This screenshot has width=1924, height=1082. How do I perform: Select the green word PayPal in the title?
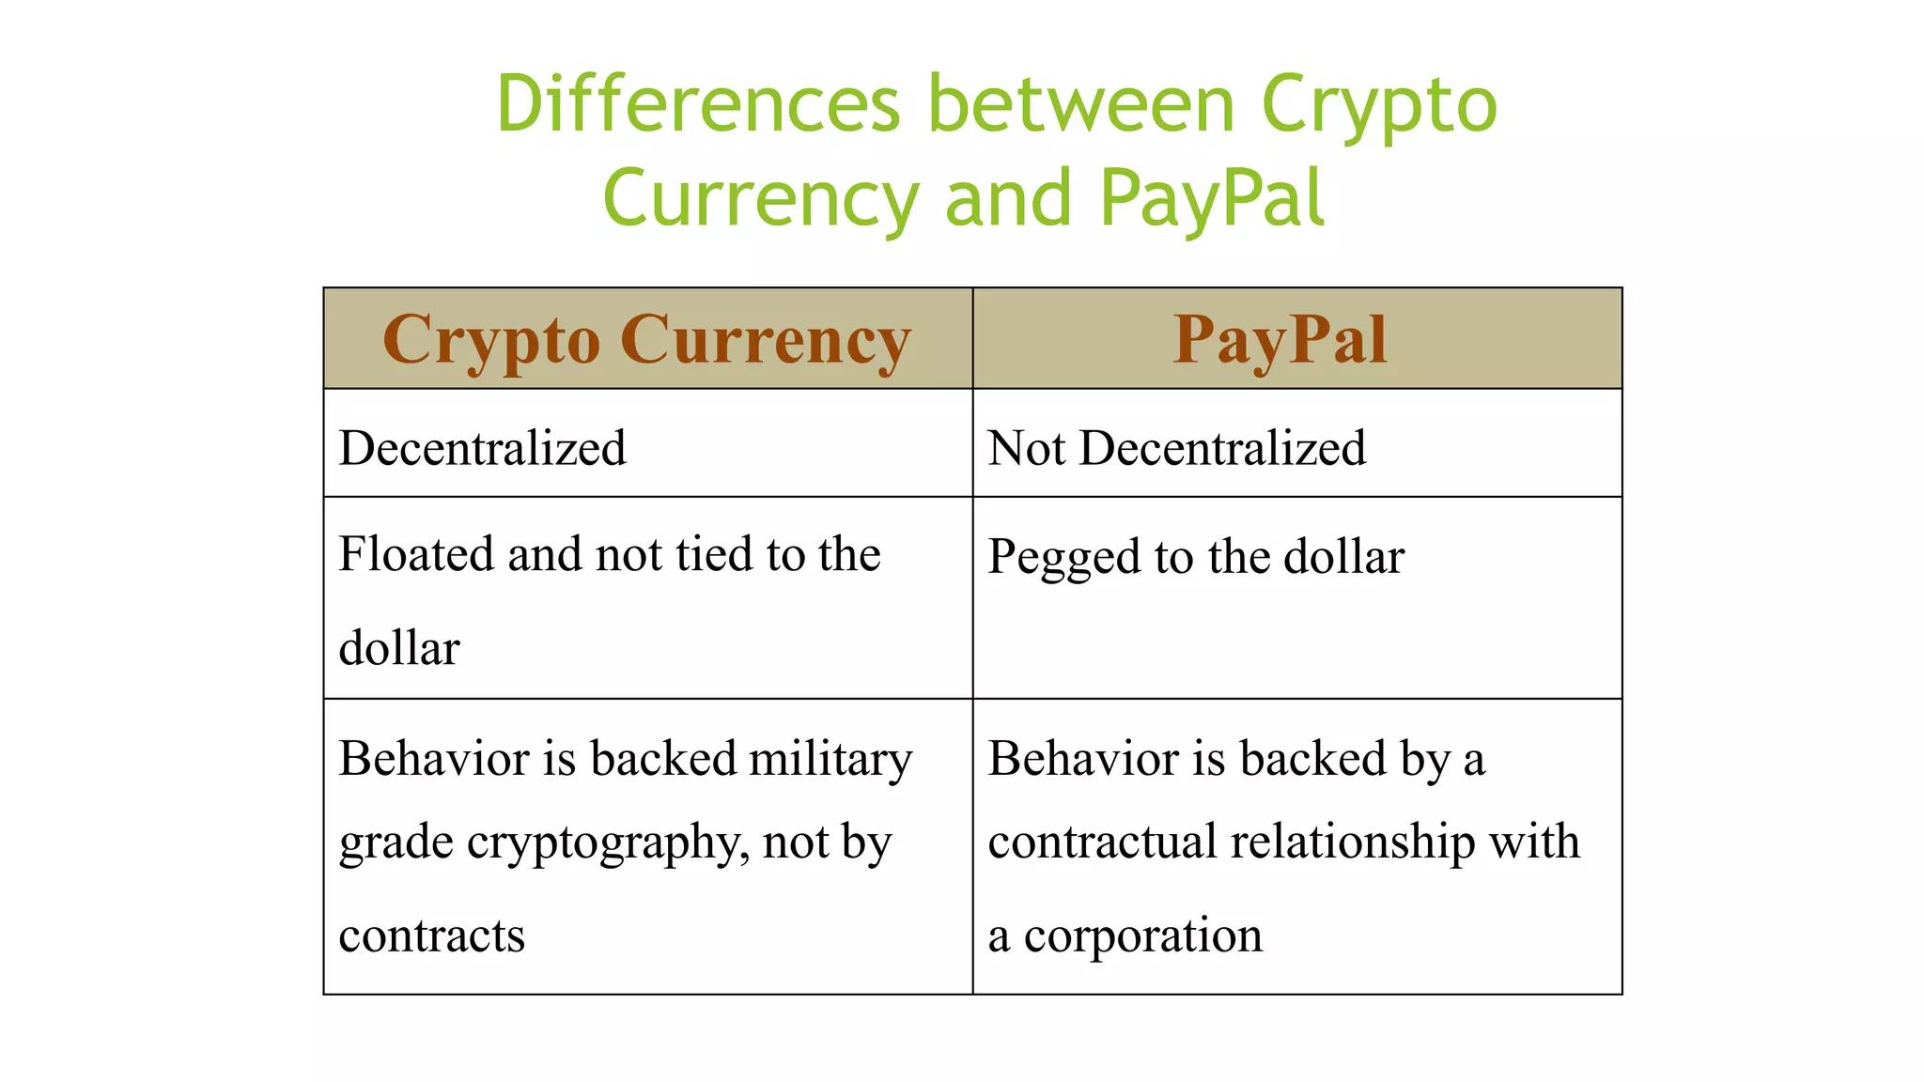click(x=1212, y=198)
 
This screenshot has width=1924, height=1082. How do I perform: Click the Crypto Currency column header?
click(x=647, y=340)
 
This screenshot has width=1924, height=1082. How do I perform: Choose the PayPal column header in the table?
click(x=1280, y=340)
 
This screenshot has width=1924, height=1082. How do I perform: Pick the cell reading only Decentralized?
click(x=483, y=448)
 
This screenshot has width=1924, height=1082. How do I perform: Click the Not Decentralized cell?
click(x=1177, y=448)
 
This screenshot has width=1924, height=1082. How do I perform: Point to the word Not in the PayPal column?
click(x=1026, y=448)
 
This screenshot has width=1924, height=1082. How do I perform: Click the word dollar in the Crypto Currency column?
click(x=399, y=648)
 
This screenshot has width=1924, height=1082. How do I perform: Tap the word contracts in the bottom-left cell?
click(x=432, y=935)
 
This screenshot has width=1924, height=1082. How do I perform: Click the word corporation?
click(x=1143, y=935)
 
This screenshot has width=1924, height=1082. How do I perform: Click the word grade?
click(x=396, y=843)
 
